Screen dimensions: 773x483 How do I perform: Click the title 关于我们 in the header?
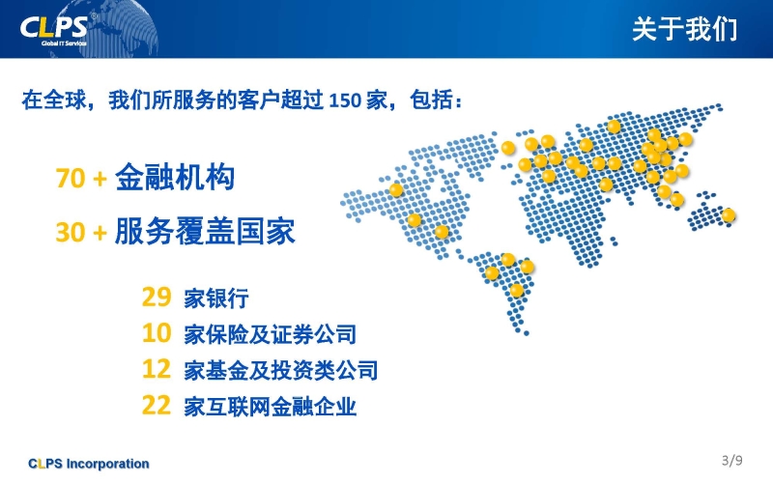(x=684, y=29)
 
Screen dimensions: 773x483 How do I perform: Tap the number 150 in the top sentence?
(x=345, y=100)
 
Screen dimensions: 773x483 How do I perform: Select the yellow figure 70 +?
(x=81, y=179)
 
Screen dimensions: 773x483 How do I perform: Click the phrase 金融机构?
(x=175, y=178)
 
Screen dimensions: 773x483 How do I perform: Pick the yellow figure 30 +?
(x=81, y=232)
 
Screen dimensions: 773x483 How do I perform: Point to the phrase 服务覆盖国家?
(x=205, y=231)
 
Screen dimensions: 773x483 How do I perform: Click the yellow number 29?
(x=157, y=298)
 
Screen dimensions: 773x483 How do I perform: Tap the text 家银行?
(x=215, y=298)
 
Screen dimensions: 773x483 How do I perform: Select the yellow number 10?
(x=157, y=333)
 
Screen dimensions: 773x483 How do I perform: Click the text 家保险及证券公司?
(x=271, y=334)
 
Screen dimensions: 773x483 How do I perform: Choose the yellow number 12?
(x=157, y=369)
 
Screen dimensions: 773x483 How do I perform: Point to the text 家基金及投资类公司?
(x=281, y=371)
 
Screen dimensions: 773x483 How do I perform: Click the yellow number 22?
(x=157, y=405)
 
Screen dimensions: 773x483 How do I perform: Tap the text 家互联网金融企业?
(x=271, y=407)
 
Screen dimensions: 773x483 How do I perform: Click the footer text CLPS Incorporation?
(x=89, y=464)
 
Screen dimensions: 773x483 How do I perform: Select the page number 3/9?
(x=732, y=461)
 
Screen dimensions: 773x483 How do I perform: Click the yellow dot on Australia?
(x=729, y=215)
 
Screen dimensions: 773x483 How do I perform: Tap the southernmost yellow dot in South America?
(x=517, y=290)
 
